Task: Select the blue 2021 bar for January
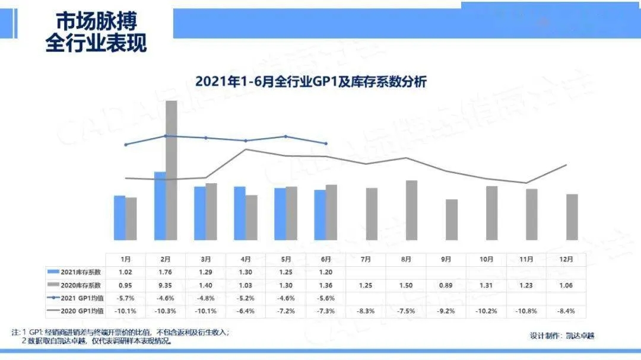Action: (x=119, y=218)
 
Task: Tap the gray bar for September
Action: (x=452, y=220)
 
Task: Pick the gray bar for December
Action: (x=572, y=217)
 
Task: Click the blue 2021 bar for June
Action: (x=320, y=215)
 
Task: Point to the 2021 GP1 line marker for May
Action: (x=285, y=136)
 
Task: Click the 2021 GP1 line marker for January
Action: (x=126, y=144)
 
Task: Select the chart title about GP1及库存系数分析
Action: (x=312, y=81)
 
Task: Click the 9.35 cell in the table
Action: (x=166, y=285)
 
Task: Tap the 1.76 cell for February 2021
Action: (x=166, y=272)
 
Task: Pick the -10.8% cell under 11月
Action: (x=526, y=311)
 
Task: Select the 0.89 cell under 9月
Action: (x=446, y=285)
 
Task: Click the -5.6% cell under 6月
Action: (x=325, y=298)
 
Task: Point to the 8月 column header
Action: (x=406, y=259)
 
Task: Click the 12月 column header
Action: (x=566, y=259)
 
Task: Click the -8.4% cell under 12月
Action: (x=566, y=311)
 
